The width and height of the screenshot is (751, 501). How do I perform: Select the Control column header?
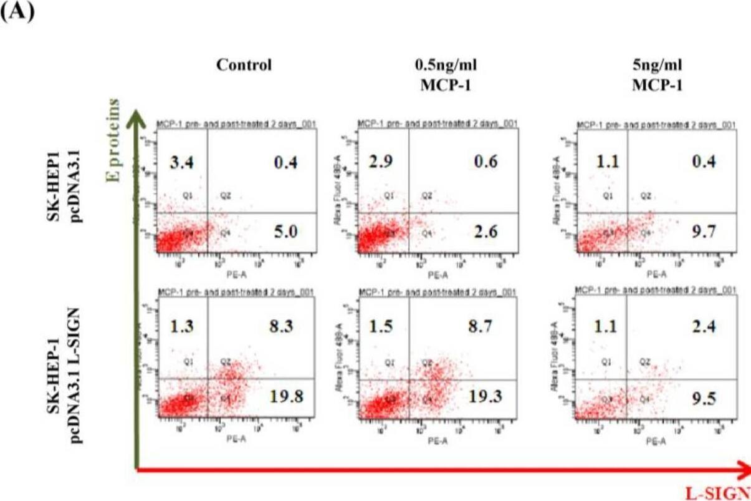[x=244, y=66]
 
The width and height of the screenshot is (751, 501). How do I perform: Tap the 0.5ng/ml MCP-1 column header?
[x=445, y=74]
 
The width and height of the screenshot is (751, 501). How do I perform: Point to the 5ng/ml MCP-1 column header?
[x=656, y=74]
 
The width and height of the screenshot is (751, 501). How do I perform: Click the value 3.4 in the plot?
[x=181, y=163]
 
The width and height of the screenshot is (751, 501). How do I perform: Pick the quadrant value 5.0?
[x=285, y=233]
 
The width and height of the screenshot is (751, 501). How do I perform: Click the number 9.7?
[x=703, y=233]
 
